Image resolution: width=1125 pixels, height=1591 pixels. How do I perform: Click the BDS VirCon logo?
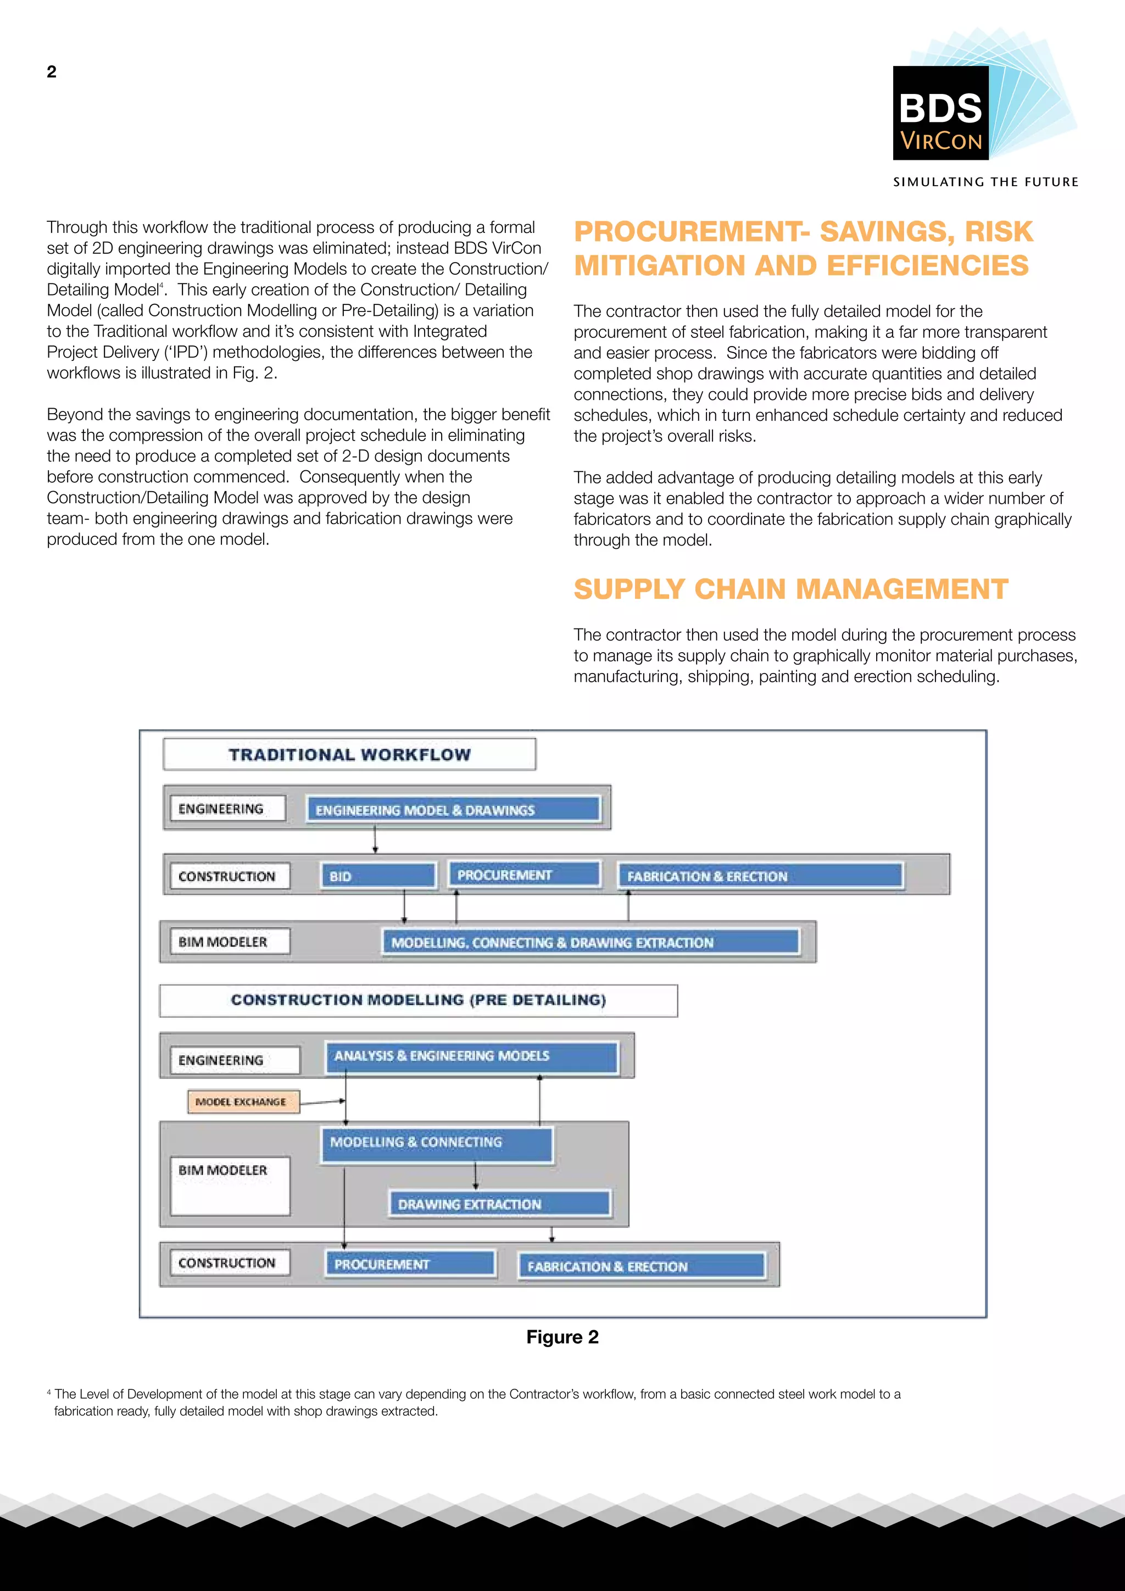point(941,114)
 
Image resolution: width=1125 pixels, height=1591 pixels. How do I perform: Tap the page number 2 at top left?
point(51,72)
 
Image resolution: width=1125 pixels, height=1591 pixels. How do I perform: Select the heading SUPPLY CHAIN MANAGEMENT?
point(790,589)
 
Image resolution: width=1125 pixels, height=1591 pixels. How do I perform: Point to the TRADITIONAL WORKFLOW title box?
point(349,755)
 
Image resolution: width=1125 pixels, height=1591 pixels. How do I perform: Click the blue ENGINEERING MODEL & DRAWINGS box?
point(453,809)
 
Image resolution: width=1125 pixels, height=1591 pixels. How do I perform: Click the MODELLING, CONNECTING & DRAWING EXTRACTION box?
point(591,942)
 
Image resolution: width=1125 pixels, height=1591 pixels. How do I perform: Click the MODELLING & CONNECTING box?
point(436,1143)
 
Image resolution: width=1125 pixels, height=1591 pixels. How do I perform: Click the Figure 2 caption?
point(562,1337)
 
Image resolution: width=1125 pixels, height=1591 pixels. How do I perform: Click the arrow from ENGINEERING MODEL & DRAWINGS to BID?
point(375,838)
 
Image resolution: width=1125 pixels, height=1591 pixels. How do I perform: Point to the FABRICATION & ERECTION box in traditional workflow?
point(761,876)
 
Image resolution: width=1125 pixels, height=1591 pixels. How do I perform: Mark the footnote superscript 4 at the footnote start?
point(48,1392)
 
